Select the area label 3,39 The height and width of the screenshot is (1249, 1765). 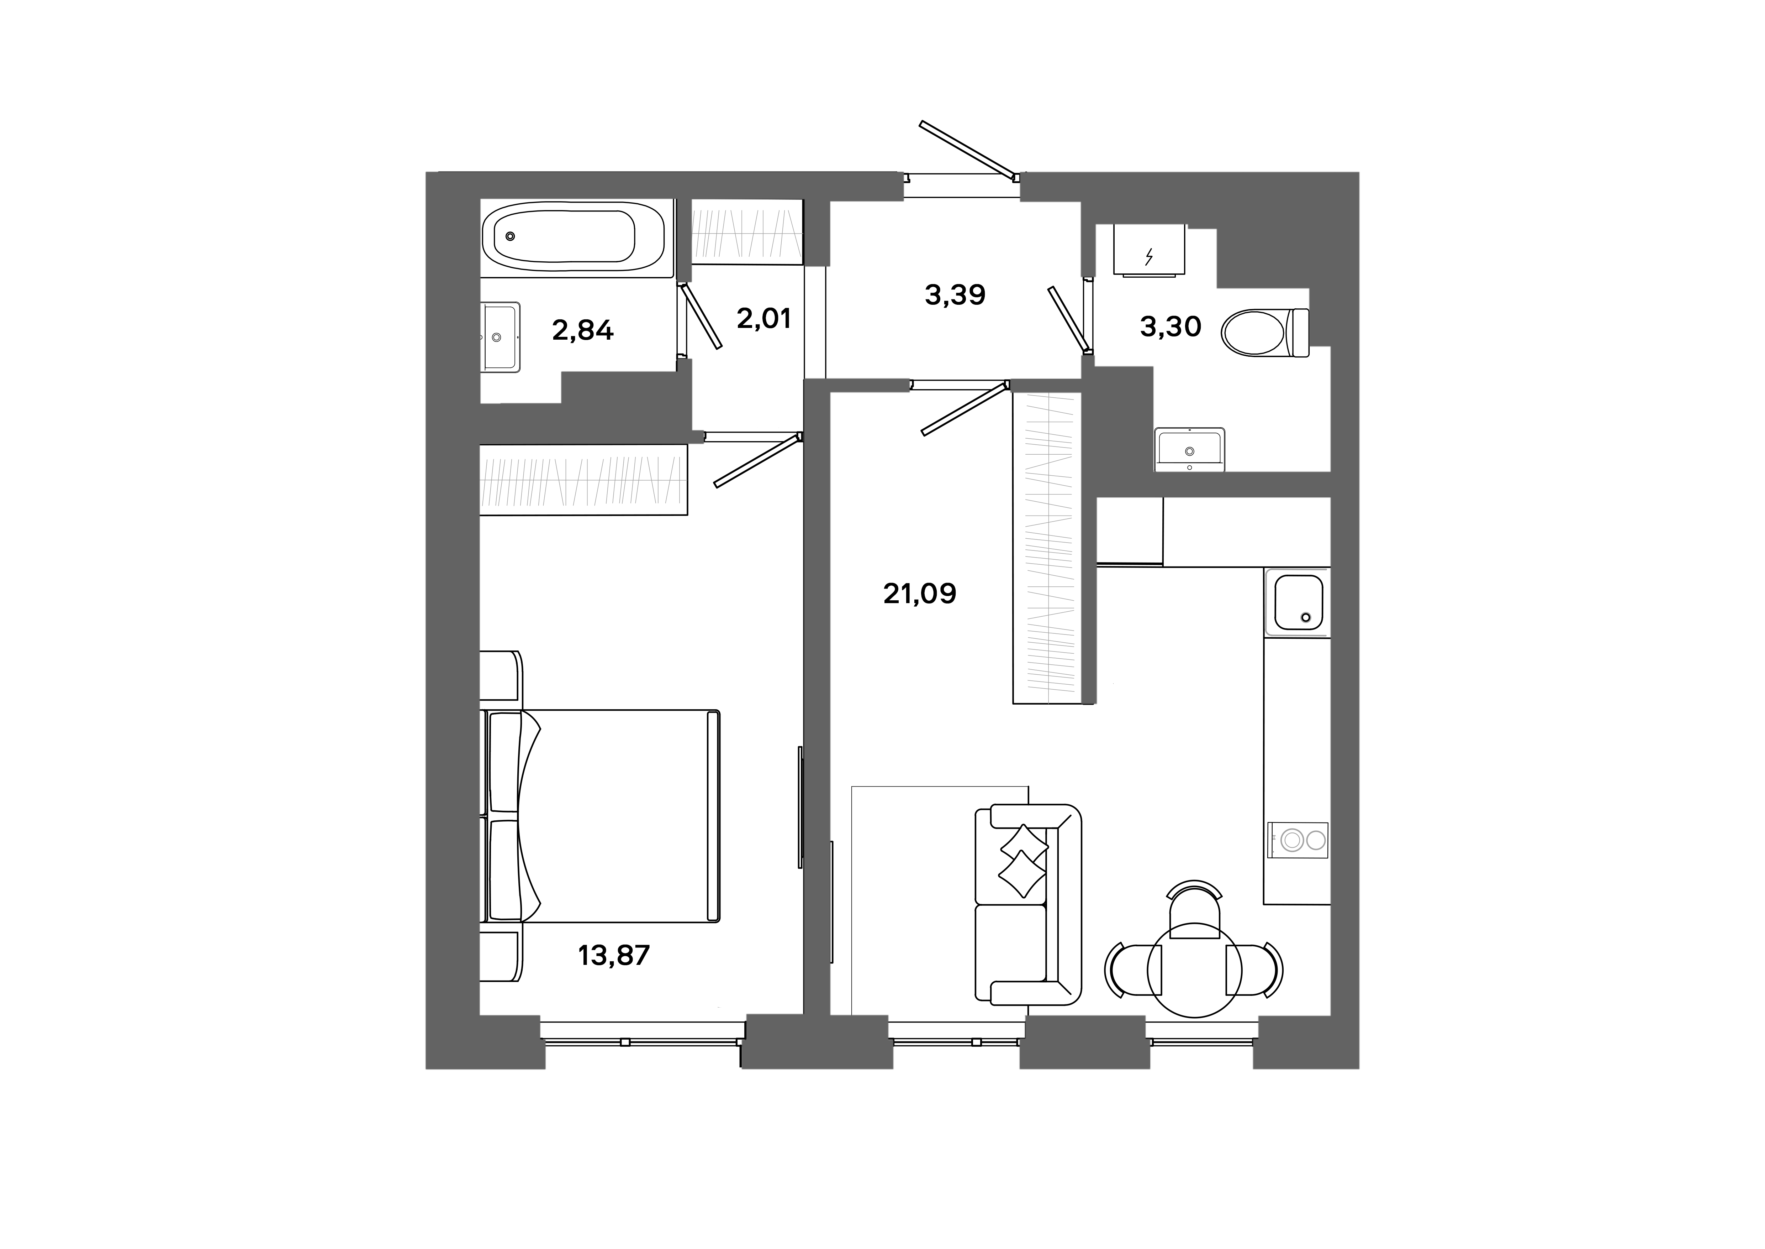click(955, 294)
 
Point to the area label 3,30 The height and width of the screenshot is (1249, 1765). click(1170, 327)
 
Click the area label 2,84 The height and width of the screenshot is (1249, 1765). click(583, 331)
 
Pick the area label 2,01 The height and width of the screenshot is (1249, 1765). click(763, 318)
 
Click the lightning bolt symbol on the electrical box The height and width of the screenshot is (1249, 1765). click(1148, 256)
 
